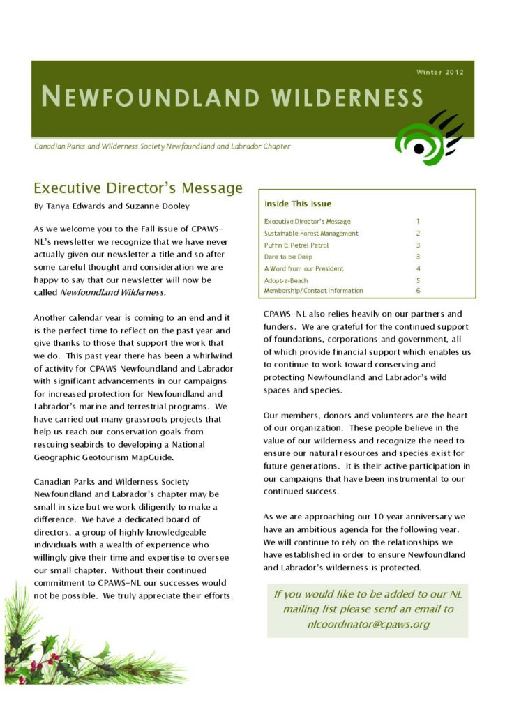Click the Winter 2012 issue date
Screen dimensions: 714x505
(x=439, y=72)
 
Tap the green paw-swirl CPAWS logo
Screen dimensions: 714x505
(x=426, y=138)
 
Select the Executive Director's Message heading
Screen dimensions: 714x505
(x=138, y=188)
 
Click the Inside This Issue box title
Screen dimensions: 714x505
(x=298, y=204)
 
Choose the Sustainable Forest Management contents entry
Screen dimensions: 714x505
(x=311, y=233)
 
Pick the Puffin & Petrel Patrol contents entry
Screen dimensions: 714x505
(x=296, y=245)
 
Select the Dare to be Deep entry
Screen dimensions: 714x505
(x=287, y=257)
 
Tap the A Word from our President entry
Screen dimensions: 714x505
(x=303, y=268)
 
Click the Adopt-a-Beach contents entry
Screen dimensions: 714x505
(x=285, y=280)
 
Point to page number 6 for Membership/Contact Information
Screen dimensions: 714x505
(x=418, y=291)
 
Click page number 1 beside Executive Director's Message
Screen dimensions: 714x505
(x=418, y=221)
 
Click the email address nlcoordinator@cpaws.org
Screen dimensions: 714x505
(x=368, y=624)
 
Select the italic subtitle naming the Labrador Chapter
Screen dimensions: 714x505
(x=163, y=146)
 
